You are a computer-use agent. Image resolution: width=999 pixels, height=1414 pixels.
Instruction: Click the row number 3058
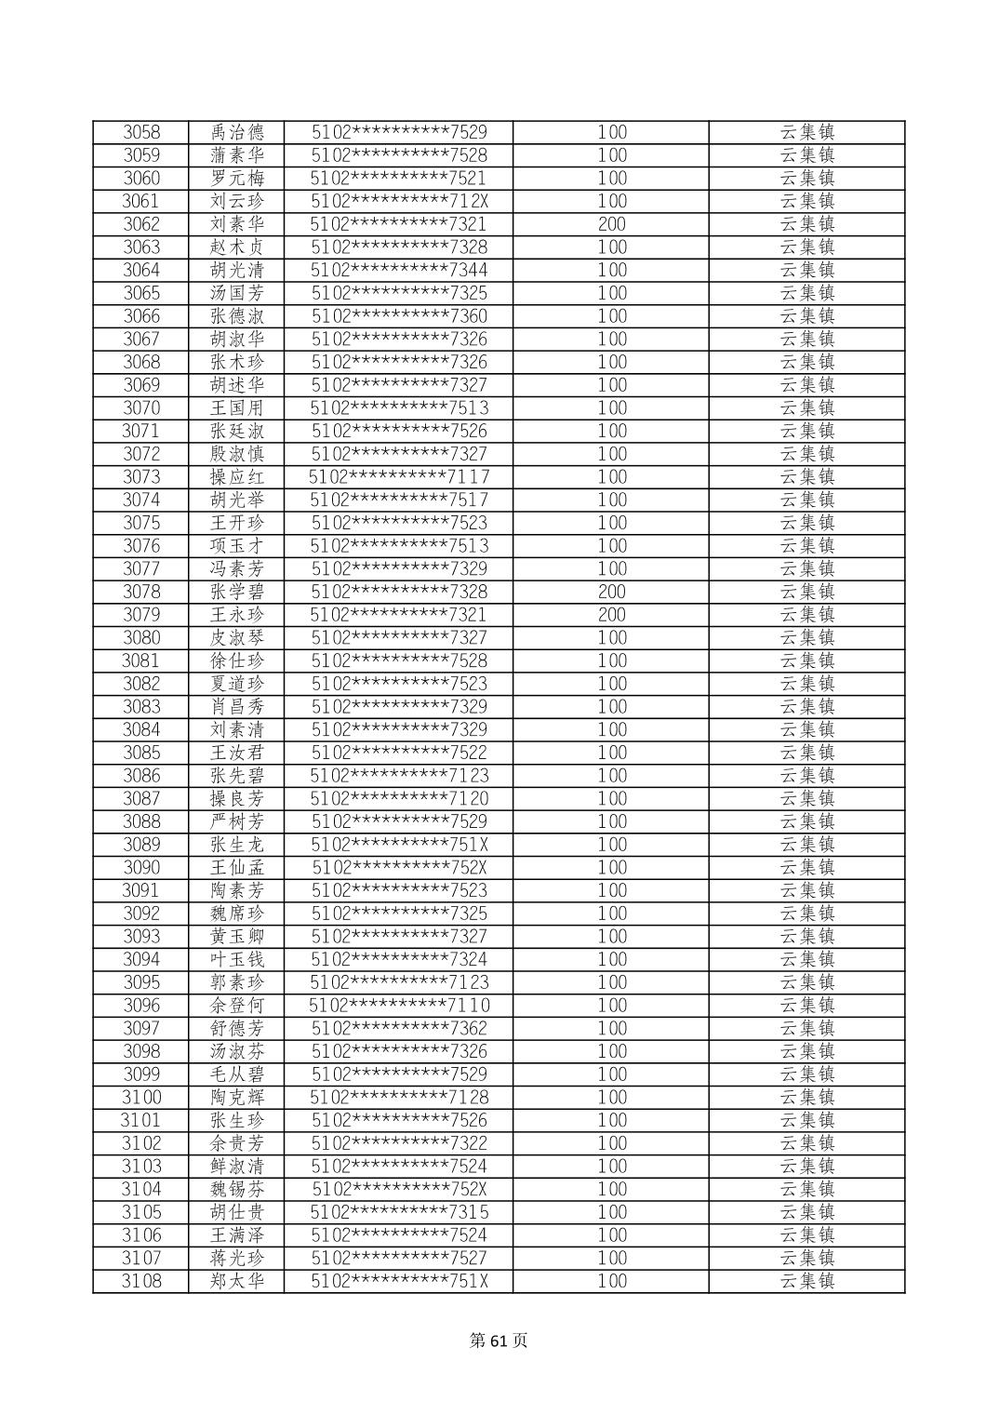pos(141,132)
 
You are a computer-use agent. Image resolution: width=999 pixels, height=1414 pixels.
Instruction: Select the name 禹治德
pos(237,132)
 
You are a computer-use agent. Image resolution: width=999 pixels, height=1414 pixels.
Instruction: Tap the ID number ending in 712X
pos(399,201)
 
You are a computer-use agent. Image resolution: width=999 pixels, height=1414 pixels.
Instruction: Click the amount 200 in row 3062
pos(611,224)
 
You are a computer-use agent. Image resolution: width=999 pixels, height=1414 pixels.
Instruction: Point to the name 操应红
pos(237,477)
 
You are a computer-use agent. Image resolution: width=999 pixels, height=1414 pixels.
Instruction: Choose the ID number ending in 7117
pos(399,477)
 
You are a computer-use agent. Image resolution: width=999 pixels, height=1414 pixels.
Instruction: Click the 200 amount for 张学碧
pos(611,592)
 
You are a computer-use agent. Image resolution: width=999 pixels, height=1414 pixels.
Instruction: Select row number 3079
pos(141,615)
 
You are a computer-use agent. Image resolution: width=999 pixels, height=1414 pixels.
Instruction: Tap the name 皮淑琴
pos(237,638)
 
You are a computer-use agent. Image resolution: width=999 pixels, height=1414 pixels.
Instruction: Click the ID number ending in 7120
pos(399,799)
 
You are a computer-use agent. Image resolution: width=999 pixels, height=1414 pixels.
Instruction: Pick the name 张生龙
pos(237,845)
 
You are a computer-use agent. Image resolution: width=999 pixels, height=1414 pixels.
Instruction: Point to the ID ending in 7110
pos(399,1006)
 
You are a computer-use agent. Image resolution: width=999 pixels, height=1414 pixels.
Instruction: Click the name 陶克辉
pos(237,1098)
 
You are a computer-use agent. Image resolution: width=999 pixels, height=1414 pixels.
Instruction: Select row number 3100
pos(141,1098)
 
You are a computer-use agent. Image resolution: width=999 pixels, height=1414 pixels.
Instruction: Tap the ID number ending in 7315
pos(399,1212)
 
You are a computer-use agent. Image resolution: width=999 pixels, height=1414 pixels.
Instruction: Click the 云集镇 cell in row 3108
pos(806,1281)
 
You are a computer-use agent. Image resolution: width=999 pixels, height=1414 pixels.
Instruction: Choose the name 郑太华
pos(237,1281)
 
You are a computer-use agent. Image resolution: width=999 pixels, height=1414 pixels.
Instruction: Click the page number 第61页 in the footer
pos(499,1341)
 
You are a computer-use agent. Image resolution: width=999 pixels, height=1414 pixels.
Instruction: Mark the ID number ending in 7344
pos(399,270)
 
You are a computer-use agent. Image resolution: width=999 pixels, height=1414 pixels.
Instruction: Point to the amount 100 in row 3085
pos(611,753)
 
